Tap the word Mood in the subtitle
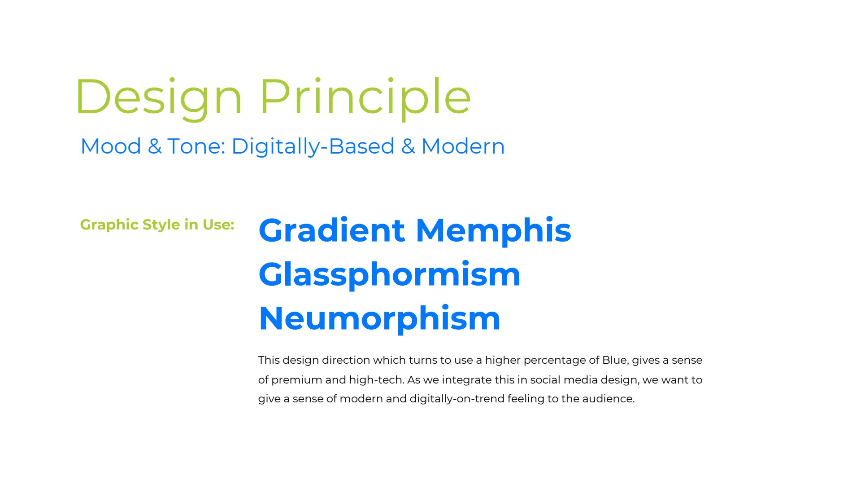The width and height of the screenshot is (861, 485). [111, 146]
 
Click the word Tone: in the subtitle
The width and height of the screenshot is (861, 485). [196, 146]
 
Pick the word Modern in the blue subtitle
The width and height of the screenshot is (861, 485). [463, 146]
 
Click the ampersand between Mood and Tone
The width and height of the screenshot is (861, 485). [154, 146]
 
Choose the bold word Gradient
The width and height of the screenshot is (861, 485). [332, 230]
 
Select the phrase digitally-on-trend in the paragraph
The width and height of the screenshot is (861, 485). [457, 399]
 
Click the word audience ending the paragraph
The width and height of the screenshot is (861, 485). [609, 399]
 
